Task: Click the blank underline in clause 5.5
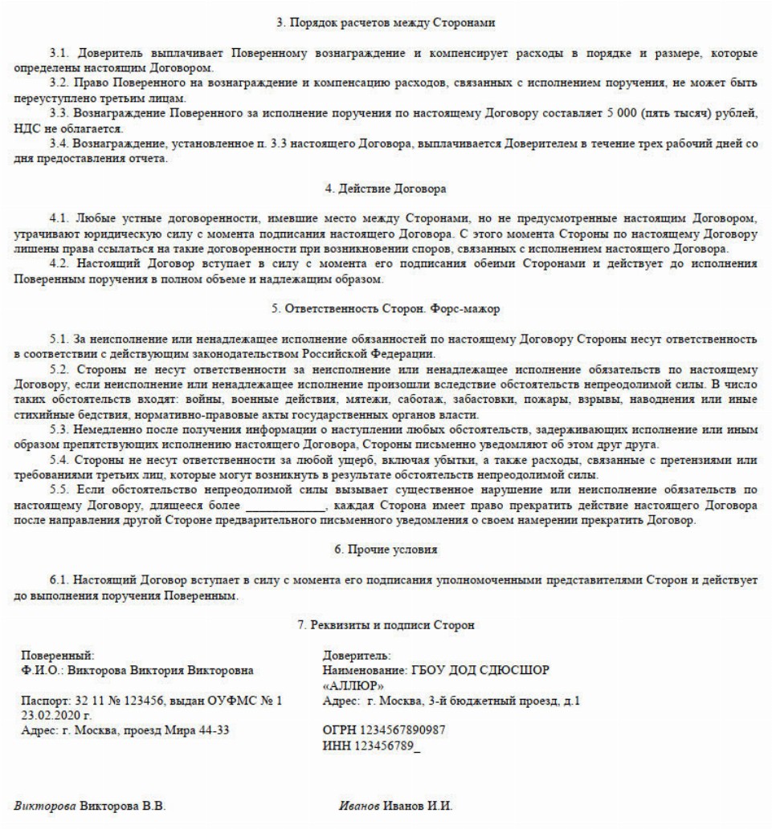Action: point(285,506)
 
